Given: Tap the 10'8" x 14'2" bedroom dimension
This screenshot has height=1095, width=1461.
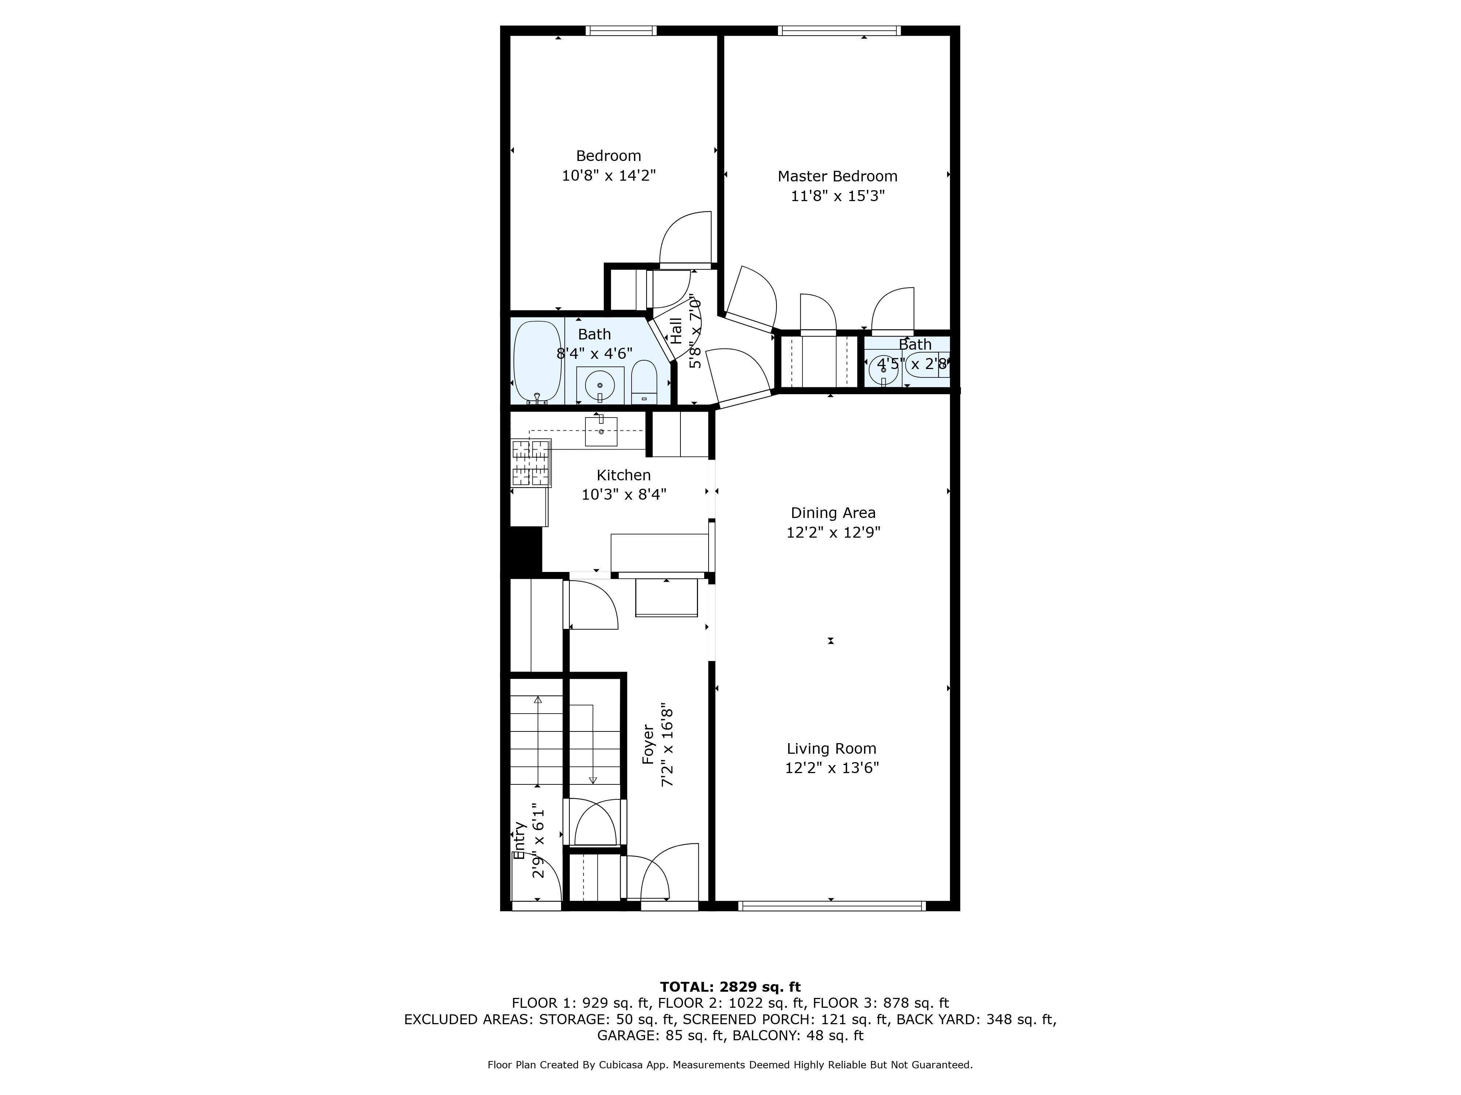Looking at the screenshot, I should coord(608,176).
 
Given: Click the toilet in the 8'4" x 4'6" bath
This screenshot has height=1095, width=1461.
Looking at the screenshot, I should coord(644,383).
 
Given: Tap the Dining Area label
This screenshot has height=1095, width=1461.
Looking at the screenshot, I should coord(833,513).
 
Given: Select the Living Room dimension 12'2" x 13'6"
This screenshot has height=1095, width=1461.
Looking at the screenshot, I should coord(832,768).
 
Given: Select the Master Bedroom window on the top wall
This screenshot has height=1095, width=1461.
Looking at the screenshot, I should coord(839,30).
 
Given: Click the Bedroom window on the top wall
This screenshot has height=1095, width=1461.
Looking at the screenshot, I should coord(621,30).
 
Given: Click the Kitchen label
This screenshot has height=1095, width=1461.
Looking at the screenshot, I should coord(623,475).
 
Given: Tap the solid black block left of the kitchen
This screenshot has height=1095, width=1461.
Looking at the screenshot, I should coord(525,550).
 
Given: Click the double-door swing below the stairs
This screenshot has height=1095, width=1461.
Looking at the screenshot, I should coord(594,822).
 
